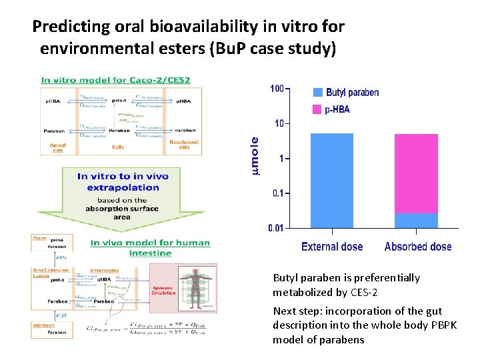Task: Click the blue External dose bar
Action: [x=332, y=181]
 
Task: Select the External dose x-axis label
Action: [x=332, y=247]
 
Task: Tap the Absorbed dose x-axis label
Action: [x=418, y=247]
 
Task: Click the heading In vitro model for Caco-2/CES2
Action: [x=115, y=80]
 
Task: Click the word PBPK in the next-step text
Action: [x=403, y=325]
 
